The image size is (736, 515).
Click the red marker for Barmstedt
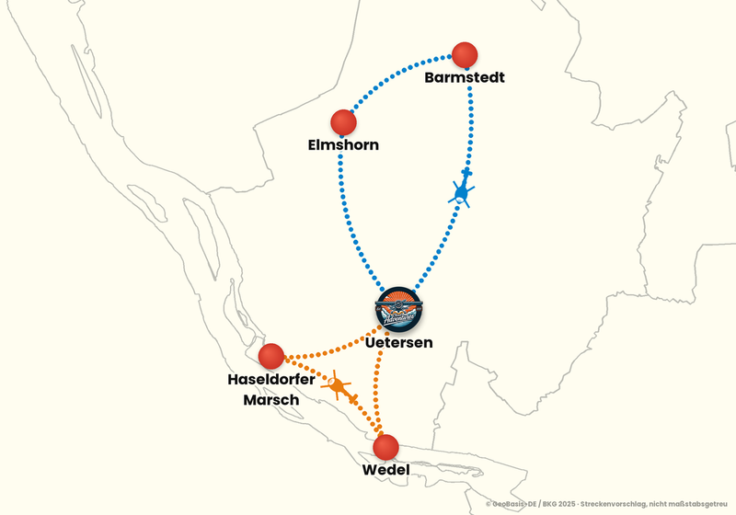tap(465, 55)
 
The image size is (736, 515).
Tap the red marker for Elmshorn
tap(343, 122)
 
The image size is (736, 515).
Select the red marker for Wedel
tap(385, 447)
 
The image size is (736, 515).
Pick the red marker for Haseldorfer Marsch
tap(271, 356)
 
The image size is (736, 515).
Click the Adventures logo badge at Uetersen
tap(399, 309)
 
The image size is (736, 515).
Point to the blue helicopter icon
tap(462, 189)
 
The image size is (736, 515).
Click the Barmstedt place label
tap(465, 77)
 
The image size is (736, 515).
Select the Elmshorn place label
tap(343, 145)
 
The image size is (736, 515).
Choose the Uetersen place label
tap(398, 342)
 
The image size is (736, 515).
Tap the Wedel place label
tap(385, 470)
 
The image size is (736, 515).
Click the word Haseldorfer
tap(271, 379)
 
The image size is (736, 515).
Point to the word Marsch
tap(271, 400)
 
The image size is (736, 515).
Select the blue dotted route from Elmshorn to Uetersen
tap(350, 218)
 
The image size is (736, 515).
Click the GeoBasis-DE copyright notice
tap(606, 504)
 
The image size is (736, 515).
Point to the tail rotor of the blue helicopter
tap(466, 173)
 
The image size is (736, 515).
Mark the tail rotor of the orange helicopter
tap(353, 399)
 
